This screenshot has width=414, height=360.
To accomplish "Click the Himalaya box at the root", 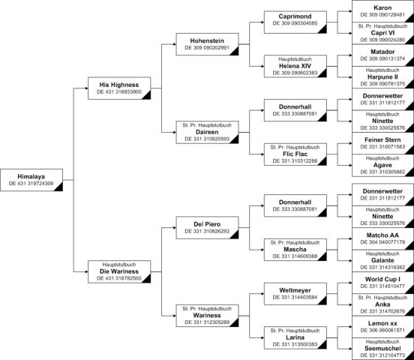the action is pyautogui.click(x=31, y=180).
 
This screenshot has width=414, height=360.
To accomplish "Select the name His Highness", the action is pyautogui.click(x=119, y=85).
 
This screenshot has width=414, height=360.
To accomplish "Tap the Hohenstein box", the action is pyautogui.click(x=207, y=44).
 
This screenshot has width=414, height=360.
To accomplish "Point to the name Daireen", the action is pyautogui.click(x=207, y=132).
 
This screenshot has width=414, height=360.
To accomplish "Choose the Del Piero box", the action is pyautogui.click(x=207, y=228).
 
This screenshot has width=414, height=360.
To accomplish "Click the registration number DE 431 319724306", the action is pyautogui.click(x=31, y=183).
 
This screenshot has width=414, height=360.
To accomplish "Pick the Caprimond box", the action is pyautogui.click(x=295, y=22).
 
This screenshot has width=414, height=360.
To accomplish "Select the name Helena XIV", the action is pyautogui.click(x=295, y=66).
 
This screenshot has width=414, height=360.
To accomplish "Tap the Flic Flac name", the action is pyautogui.click(x=295, y=154).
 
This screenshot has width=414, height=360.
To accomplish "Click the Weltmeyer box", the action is pyautogui.click(x=295, y=294).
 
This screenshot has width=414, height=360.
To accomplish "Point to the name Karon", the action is pyautogui.click(x=382, y=8).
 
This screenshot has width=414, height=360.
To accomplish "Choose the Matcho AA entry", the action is pyautogui.click(x=382, y=238).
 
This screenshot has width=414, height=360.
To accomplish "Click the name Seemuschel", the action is pyautogui.click(x=382, y=349).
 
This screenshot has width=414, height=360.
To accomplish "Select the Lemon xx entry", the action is pyautogui.click(x=382, y=327).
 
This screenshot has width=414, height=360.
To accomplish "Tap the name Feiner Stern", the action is pyautogui.click(x=382, y=139).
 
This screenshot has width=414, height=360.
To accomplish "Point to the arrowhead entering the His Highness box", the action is pyautogui.click(x=86, y=88).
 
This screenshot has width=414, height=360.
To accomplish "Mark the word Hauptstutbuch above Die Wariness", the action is pyautogui.click(x=119, y=265).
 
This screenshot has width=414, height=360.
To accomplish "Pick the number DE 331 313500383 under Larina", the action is pyautogui.click(x=295, y=344).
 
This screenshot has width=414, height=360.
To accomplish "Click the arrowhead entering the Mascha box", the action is pyautogui.click(x=262, y=250).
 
